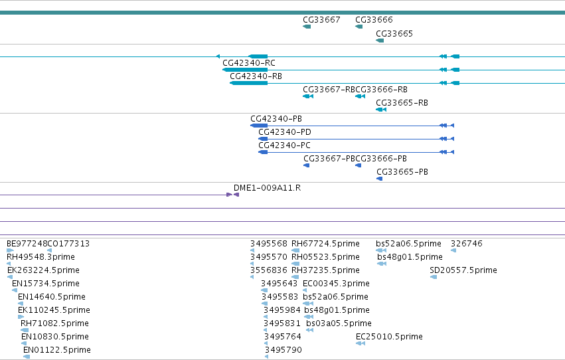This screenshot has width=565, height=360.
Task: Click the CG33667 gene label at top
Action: pos(321,20)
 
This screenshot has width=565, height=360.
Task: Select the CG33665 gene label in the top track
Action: pos(394,34)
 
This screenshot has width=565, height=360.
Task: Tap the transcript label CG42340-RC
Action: pos(249,63)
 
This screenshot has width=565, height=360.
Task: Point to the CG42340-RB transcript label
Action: pos(256,76)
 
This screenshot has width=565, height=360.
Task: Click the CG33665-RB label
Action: pos(402,103)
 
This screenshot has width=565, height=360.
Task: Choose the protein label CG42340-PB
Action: pos(276,119)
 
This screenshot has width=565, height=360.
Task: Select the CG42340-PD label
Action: pos(285,132)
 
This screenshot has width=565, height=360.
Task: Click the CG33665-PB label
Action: pos(402,172)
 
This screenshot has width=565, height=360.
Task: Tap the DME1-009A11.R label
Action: pos(267,188)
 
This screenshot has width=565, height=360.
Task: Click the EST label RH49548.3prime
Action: pos(40,257)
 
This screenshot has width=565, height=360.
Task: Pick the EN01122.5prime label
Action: pos(57,350)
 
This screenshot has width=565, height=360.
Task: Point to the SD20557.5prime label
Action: pos(463,270)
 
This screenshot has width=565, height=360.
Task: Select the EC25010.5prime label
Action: pos(389,337)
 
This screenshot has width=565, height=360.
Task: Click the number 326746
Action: pos(466,244)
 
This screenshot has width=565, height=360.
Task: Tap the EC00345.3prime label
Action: pos(336,284)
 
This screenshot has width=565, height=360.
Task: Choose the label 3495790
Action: pos(283,350)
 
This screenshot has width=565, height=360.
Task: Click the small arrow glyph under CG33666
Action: pos(359,27)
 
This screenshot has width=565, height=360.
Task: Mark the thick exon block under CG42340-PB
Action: pos(259,126)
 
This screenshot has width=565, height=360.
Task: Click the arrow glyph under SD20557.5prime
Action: pos(434,277)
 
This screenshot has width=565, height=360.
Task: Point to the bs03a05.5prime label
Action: pos(339,323)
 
